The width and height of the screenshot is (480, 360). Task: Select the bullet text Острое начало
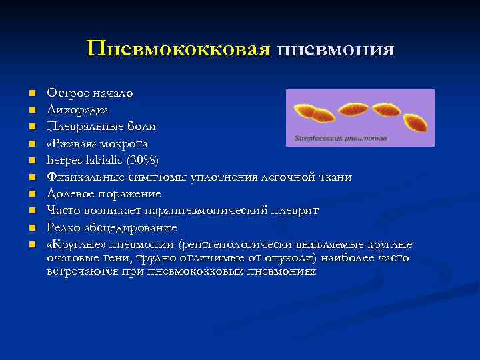[89, 92]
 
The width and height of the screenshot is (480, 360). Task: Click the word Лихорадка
[78, 109]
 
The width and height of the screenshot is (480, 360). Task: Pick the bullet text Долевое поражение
[103, 194]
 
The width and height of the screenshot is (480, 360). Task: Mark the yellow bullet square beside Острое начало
[23, 93]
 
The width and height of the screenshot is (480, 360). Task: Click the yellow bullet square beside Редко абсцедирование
[23, 228]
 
